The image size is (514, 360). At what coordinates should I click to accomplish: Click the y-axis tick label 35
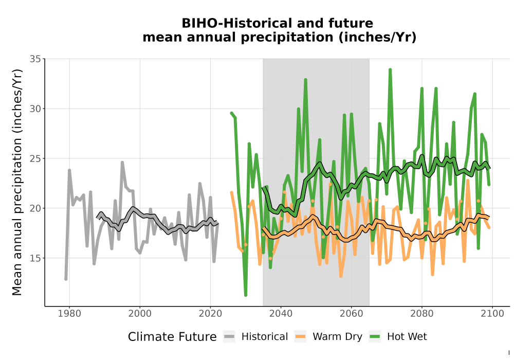point(35,59)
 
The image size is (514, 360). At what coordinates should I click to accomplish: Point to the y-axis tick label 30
point(35,109)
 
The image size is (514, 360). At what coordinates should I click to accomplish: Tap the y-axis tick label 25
point(35,159)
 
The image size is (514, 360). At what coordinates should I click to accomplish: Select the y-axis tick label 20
point(35,208)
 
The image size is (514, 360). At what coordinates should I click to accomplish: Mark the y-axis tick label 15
point(35,258)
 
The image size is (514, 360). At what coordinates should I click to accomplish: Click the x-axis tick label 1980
point(69,314)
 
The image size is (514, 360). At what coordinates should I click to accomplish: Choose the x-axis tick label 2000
point(140,314)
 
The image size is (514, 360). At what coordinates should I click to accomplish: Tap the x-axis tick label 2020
point(210,314)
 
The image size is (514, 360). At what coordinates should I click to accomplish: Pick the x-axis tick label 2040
point(281,314)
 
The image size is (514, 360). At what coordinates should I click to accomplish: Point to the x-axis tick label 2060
point(352,314)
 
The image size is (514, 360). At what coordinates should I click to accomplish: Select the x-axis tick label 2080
point(422,314)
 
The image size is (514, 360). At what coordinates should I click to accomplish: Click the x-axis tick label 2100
point(492,314)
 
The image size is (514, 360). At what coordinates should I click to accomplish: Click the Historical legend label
point(265,337)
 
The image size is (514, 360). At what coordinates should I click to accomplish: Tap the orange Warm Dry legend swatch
point(300,337)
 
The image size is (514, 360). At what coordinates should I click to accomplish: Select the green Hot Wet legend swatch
point(375,337)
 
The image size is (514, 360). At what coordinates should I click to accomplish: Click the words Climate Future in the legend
point(172,337)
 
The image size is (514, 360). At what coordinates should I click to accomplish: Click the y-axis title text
point(17,182)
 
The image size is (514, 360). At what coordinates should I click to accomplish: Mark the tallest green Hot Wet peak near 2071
point(390,70)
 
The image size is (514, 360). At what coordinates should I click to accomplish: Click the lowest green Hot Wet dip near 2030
point(246,295)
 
